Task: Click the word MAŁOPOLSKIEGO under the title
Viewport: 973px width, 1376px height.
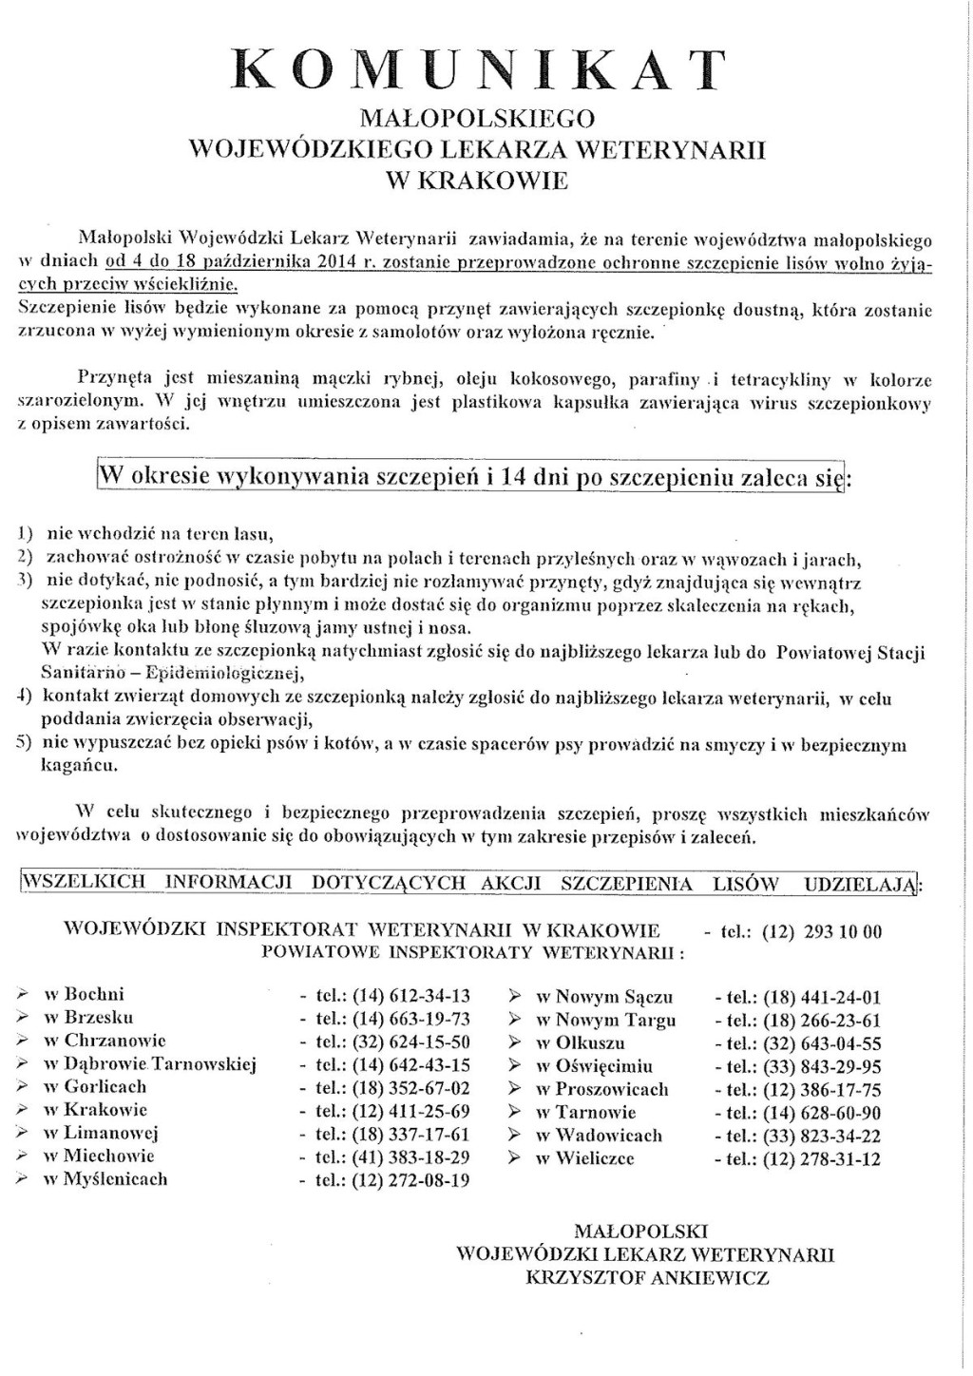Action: (480, 118)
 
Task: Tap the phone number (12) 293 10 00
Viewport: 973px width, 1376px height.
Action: (822, 932)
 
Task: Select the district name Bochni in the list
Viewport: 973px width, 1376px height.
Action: (94, 995)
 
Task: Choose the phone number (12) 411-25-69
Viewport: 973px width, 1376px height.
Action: (410, 1111)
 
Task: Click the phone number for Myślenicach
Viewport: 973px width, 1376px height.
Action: (410, 1180)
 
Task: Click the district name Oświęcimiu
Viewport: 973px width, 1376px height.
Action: (604, 1066)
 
